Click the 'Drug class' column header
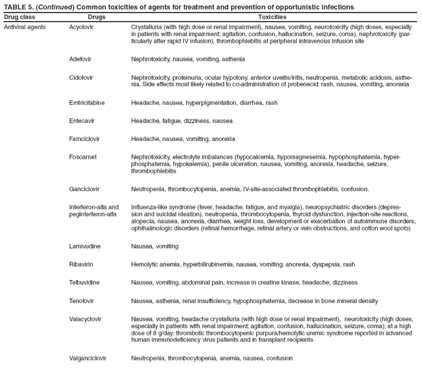pyautogui.click(x=20, y=16)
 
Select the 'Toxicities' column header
pyautogui.click(x=272, y=16)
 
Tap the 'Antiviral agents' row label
pyautogui.click(x=24, y=28)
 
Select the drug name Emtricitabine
pyautogui.click(x=87, y=103)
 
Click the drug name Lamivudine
pyautogui.click(x=85, y=246)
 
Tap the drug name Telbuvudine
pyautogui.click(x=85, y=282)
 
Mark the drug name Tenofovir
pyautogui.click(x=82, y=300)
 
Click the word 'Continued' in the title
pyautogui.click(x=54, y=7)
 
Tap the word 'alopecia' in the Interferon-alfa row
pyautogui.click(x=144, y=222)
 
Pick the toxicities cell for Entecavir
pyautogui.click(x=182, y=121)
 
